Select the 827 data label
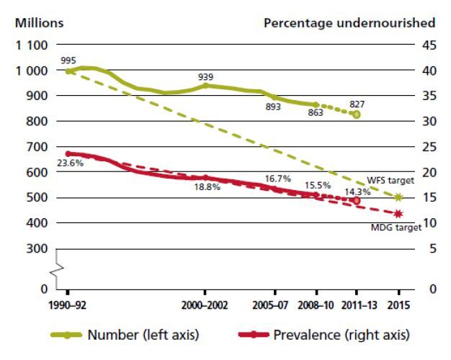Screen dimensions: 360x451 pyautogui.click(x=356, y=103)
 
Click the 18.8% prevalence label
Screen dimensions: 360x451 pyautogui.click(x=208, y=188)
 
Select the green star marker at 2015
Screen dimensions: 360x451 pyautogui.click(x=398, y=197)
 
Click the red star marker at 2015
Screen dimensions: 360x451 pyautogui.click(x=398, y=214)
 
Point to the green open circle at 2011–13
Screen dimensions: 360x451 pyautogui.click(x=356, y=114)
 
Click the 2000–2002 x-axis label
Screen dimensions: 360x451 pyautogui.click(x=205, y=305)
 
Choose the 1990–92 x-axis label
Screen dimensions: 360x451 pyautogui.click(x=67, y=305)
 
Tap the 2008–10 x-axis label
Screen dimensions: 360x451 pyautogui.click(x=316, y=305)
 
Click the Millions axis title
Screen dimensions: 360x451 pyautogui.click(x=40, y=22)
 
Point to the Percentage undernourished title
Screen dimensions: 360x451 pyautogui.click(x=349, y=22)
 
